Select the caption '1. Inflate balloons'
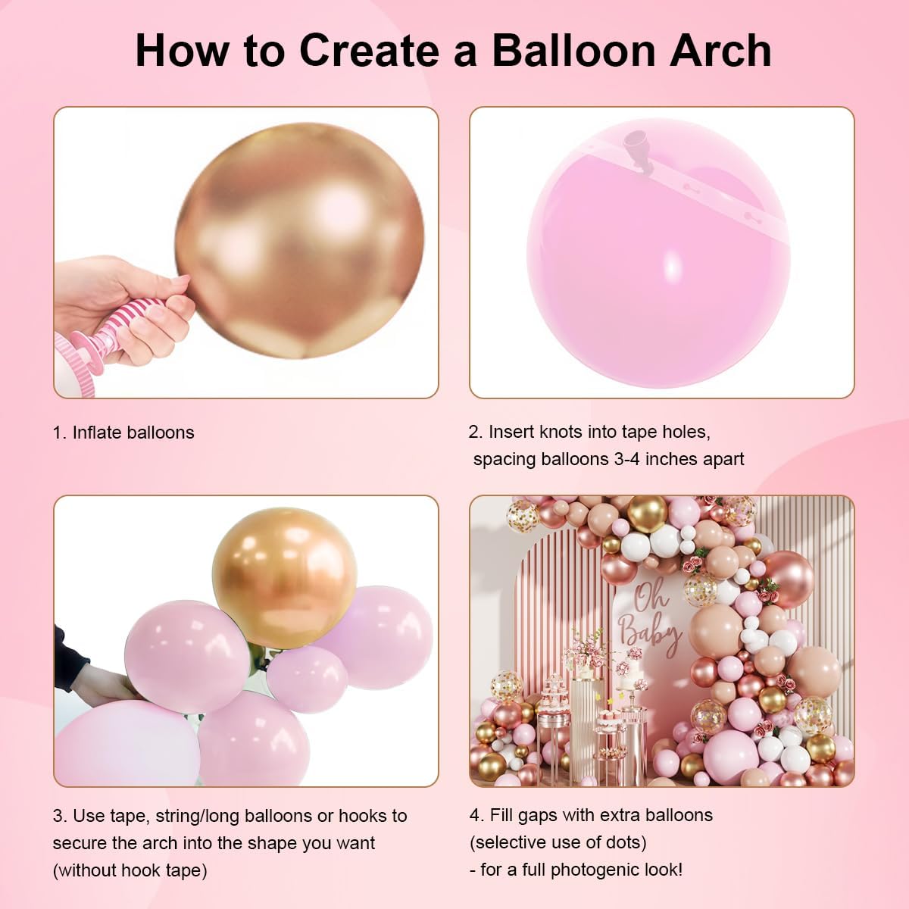pyautogui.click(x=123, y=433)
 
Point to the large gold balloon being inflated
pyautogui.click(x=299, y=239)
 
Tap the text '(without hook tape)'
pyautogui.click(x=130, y=870)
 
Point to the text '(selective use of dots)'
pyautogui.click(x=558, y=842)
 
